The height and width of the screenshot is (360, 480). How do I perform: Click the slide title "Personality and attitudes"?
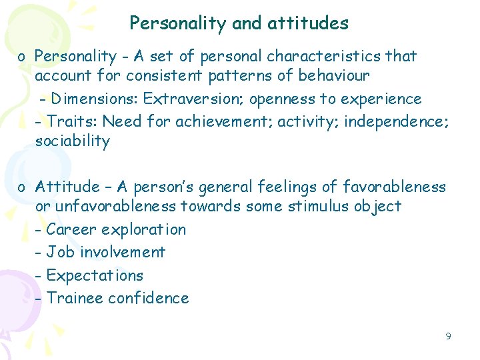(239, 23)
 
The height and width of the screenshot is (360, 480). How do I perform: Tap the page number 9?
(448, 336)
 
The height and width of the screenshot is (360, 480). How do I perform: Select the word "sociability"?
(72, 141)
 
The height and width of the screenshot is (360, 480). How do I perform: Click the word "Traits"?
(69, 121)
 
